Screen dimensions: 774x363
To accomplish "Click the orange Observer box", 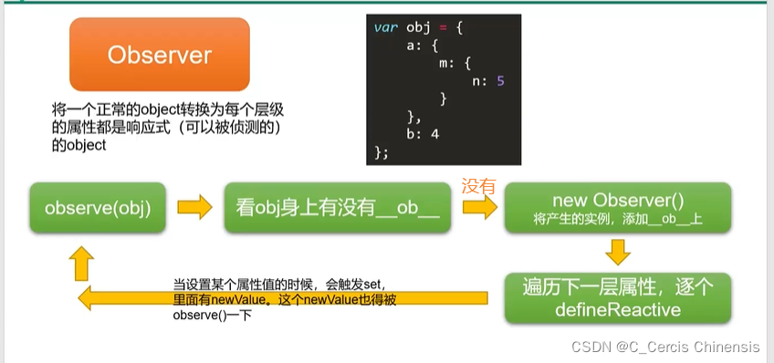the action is point(160,54).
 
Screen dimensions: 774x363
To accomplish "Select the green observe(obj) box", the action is point(98,208).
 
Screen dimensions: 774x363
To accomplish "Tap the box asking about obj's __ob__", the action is point(337,208).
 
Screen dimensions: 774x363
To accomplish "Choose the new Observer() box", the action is point(618,208).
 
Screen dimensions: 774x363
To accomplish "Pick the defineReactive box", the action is point(618,298).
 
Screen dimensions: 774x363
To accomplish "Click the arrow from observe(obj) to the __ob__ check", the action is point(195,207).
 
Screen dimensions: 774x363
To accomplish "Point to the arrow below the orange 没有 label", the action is point(480,207).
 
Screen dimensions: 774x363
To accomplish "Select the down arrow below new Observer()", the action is point(618,252).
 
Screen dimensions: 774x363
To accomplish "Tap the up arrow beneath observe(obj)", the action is point(81,264).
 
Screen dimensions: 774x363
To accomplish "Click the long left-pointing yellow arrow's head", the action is point(86,298).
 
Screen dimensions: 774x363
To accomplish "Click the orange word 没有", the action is point(478,186).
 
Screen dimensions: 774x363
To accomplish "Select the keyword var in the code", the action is point(385,27).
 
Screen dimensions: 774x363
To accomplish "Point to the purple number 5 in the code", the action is point(500,81).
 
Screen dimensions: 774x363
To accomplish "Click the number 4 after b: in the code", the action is point(434,134).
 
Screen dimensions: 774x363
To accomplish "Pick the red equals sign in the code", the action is point(443,27).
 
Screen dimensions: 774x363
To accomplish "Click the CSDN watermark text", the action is point(665,347).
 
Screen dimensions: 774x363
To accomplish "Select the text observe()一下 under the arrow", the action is point(213,316).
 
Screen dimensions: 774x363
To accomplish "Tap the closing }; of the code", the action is point(382,152).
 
